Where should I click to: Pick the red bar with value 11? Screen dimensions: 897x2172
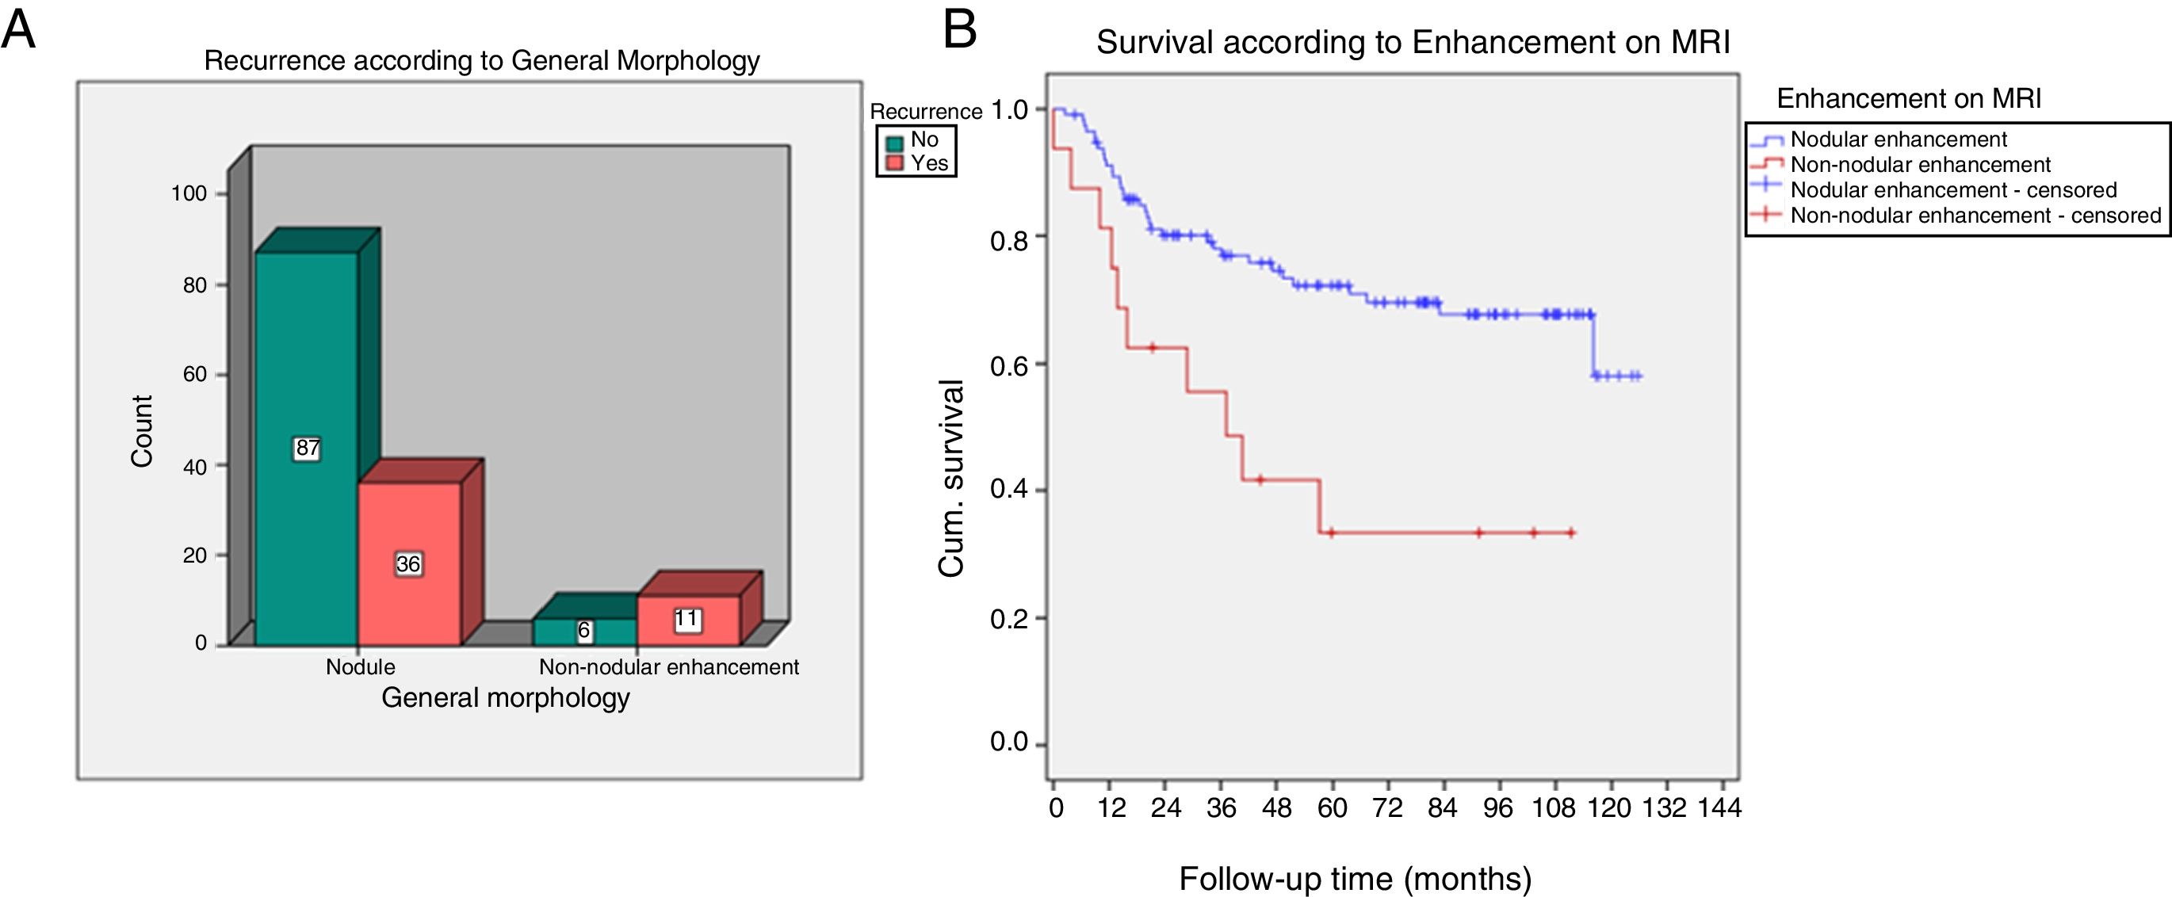(687, 620)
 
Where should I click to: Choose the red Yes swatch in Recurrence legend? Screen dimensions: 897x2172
(895, 162)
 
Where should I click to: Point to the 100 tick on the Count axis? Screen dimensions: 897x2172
(189, 194)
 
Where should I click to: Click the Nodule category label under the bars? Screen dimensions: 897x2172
(360, 667)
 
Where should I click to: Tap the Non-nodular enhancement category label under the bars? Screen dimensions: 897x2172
(668, 667)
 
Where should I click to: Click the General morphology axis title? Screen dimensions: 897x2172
(505, 698)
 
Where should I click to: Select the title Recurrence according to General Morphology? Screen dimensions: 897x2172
(481, 61)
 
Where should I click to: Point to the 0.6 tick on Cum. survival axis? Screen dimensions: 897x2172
(1010, 365)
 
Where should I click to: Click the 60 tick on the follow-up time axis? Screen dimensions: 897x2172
(1333, 807)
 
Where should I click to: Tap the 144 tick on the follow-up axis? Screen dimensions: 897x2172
(1719, 807)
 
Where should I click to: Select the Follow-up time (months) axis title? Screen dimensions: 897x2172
(1355, 879)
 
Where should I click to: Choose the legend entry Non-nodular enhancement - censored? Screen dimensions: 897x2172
(1975, 215)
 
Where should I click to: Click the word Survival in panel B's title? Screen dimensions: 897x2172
(1154, 42)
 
